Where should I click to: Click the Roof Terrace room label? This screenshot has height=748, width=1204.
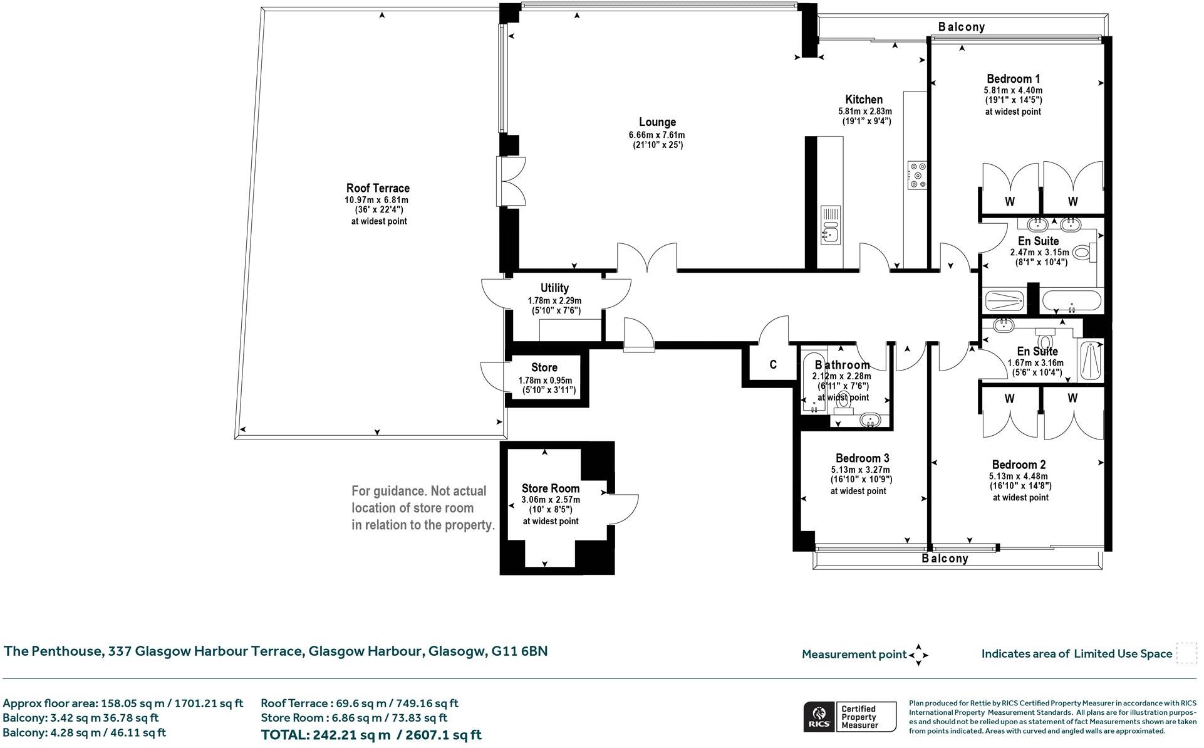[x=378, y=188]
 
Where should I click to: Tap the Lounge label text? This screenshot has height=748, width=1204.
[x=657, y=122]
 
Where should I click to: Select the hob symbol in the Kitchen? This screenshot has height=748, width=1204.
[x=917, y=175]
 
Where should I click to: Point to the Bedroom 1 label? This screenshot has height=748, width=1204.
[x=1013, y=79]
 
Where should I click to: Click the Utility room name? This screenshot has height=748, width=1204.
[x=554, y=288]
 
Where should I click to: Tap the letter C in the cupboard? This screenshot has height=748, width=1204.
[x=773, y=365]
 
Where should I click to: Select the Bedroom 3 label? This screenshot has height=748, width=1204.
[x=862, y=458]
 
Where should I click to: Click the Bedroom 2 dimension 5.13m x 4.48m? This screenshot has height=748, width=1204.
[x=1019, y=476]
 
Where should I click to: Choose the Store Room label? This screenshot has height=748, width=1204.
[x=551, y=488]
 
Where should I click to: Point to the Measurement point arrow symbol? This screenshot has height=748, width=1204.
[x=918, y=655]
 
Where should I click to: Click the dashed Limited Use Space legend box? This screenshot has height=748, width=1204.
[x=1186, y=653]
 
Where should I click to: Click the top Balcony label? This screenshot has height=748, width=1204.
[x=962, y=27]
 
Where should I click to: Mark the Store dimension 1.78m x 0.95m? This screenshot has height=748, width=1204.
[x=545, y=381]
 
